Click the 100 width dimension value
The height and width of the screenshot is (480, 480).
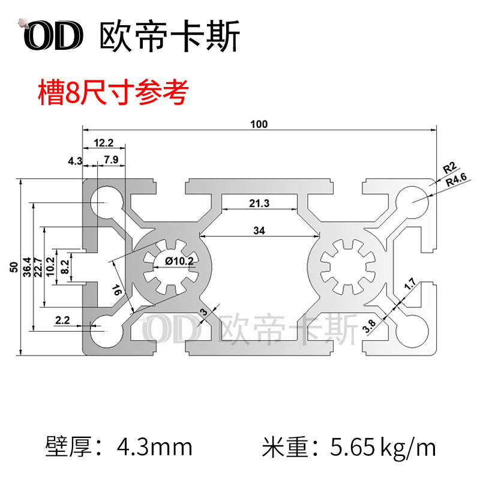(259, 124)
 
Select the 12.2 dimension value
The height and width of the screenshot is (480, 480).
(103, 143)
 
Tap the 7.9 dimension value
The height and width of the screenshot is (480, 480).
(110, 160)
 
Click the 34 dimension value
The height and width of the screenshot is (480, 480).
(259, 230)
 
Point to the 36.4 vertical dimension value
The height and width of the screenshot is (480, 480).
(26, 267)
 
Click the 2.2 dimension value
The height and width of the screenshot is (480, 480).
(62, 320)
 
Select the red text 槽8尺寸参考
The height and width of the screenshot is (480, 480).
(113, 93)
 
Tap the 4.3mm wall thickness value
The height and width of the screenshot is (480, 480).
(155, 447)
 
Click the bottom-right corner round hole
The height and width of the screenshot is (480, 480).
(413, 330)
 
